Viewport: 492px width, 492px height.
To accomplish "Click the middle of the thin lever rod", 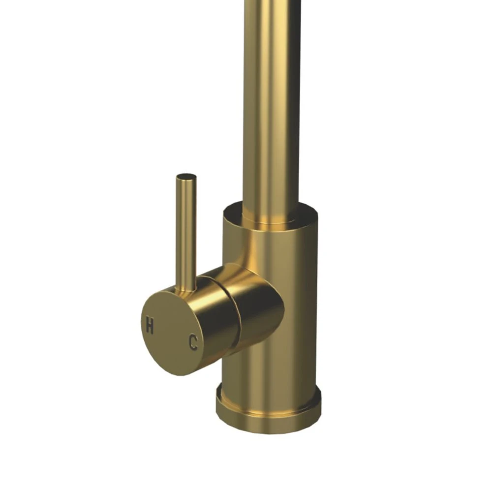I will pyautogui.click(x=186, y=231).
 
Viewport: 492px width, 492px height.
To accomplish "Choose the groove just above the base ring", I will pyautogui.click(x=268, y=391).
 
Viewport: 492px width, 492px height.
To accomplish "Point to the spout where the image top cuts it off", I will pyautogui.click(x=272, y=2).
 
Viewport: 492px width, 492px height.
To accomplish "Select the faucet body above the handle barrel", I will pyautogui.click(x=276, y=246).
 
